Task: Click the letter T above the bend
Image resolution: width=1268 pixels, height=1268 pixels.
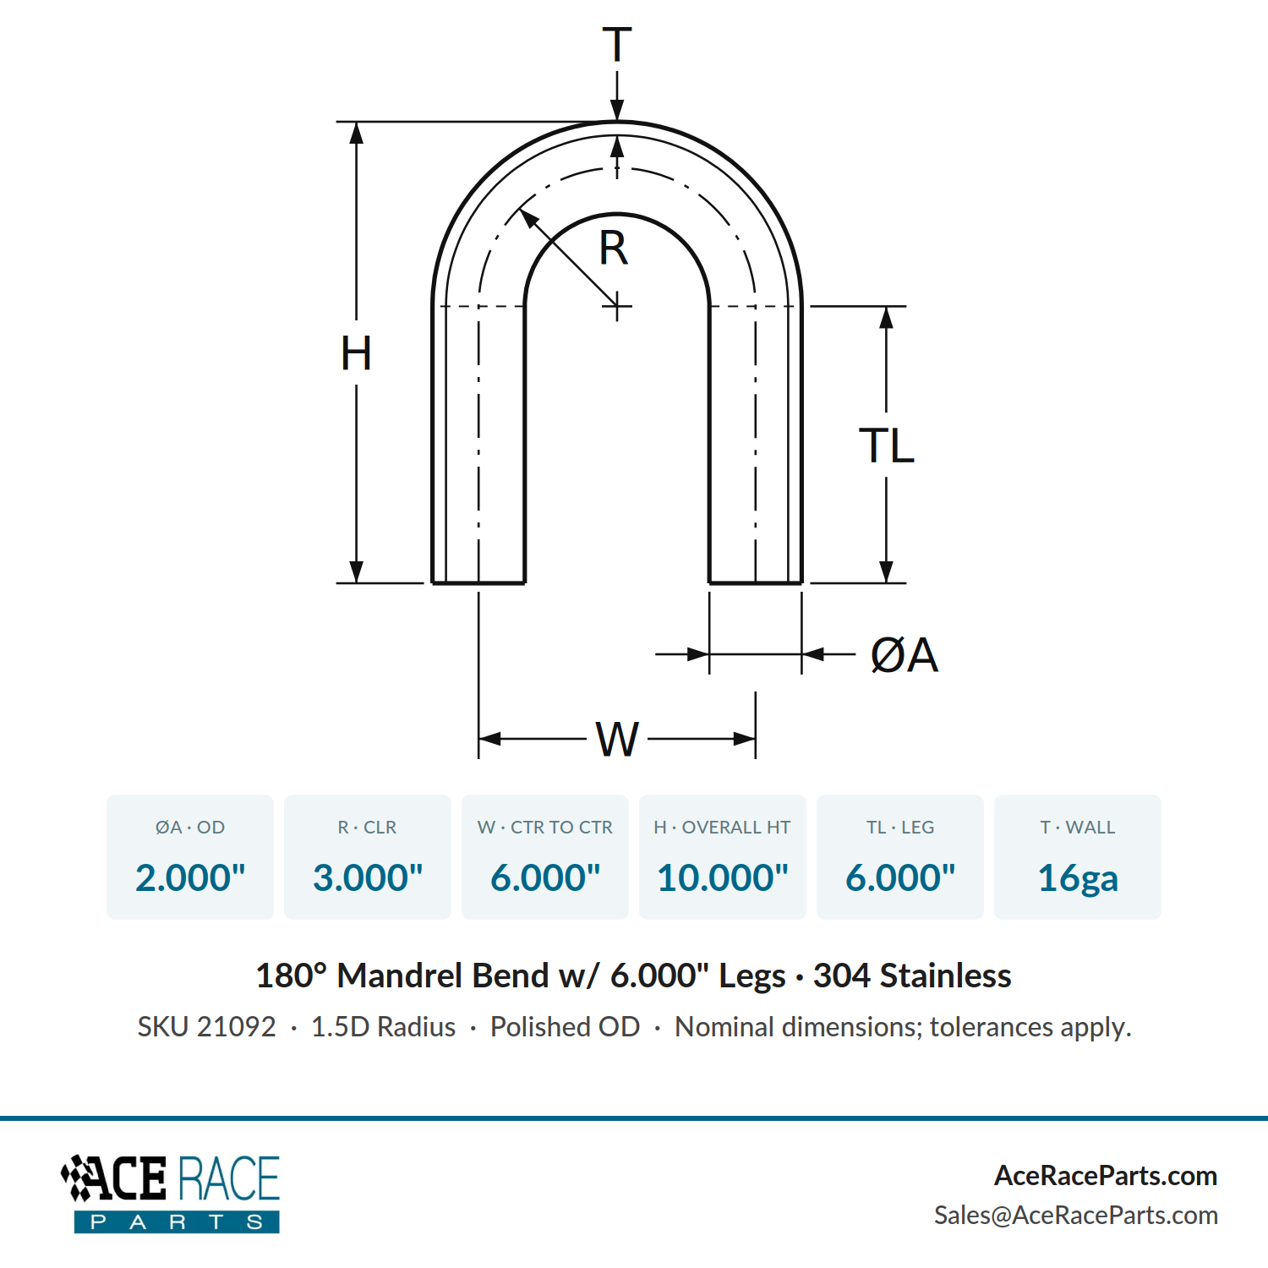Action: [x=617, y=45]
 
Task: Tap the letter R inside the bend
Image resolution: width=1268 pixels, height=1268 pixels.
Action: [x=614, y=249]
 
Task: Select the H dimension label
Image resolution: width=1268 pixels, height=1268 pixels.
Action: [x=356, y=353]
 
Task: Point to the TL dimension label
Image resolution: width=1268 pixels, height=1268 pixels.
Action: [x=887, y=445]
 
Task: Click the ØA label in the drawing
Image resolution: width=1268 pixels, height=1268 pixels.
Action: [x=905, y=655]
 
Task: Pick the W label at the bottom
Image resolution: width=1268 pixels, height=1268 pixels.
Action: [x=617, y=740]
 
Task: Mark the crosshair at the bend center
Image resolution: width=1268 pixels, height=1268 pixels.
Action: [x=617, y=306]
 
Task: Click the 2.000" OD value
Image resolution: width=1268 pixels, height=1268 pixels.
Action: [x=190, y=877]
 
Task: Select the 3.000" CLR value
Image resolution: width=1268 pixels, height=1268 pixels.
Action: [x=368, y=877]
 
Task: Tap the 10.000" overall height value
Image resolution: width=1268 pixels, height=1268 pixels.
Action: [x=723, y=877]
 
